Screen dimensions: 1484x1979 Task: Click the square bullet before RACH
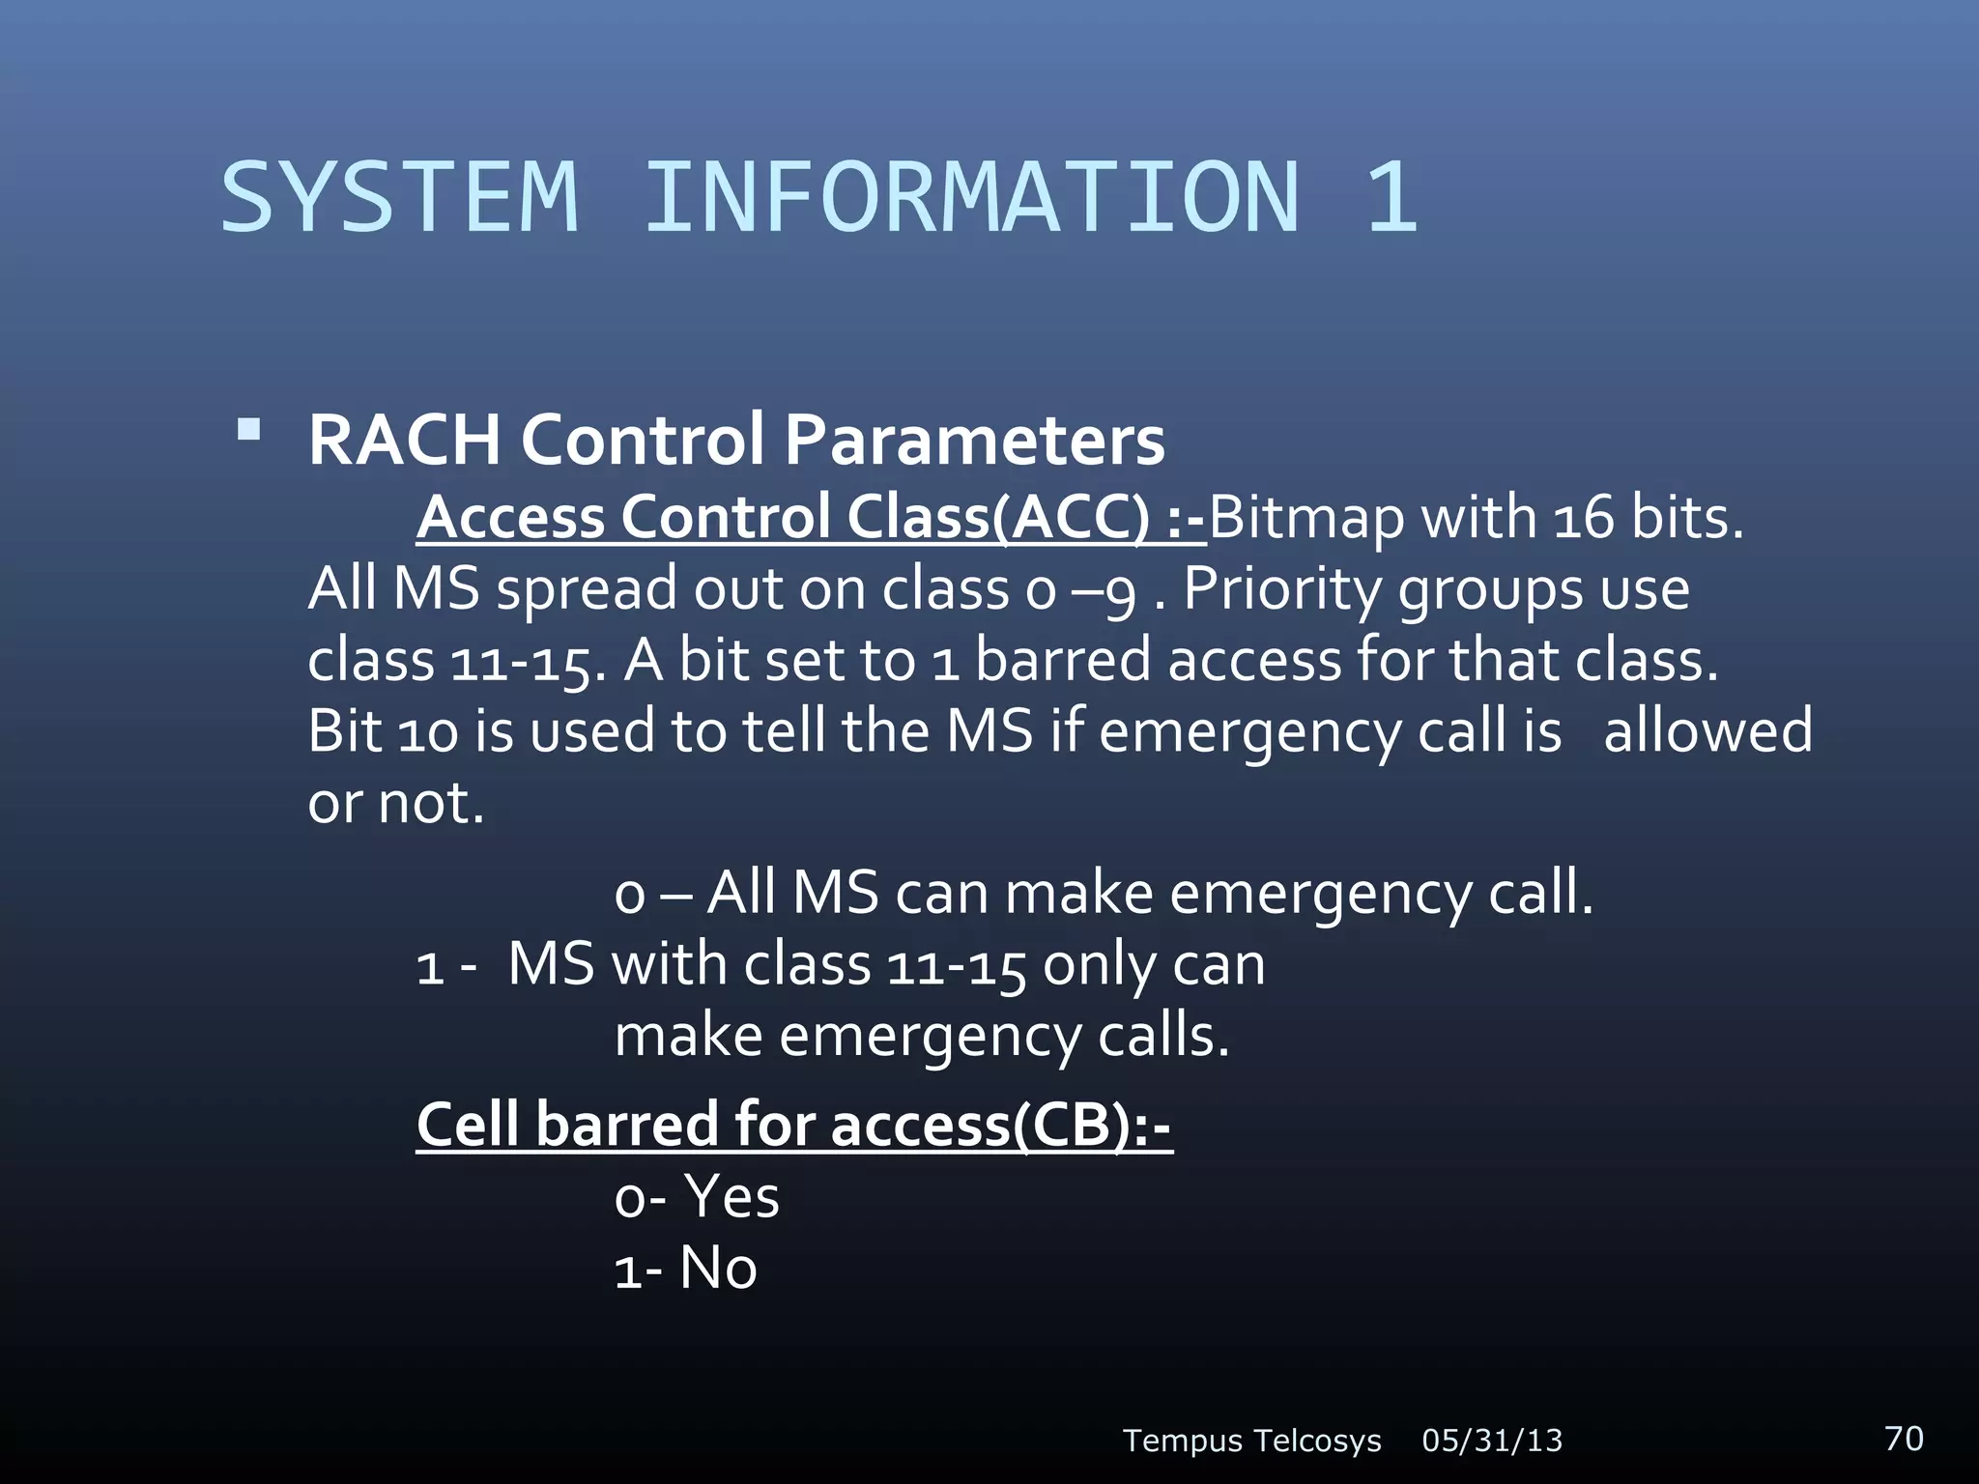pyautogui.click(x=249, y=429)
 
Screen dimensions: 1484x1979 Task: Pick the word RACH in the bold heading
pyautogui.click(x=404, y=441)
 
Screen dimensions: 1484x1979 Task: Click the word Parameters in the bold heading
pyautogui.click(x=974, y=441)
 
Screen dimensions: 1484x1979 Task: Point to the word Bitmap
pyautogui.click(x=1305, y=519)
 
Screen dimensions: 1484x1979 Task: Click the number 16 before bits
pyautogui.click(x=1584, y=519)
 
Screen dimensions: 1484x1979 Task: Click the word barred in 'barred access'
pyautogui.click(x=1063, y=660)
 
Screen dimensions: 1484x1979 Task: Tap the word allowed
pyautogui.click(x=1707, y=730)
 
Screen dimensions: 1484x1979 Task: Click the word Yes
pyautogui.click(x=731, y=1197)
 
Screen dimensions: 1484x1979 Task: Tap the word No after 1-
pyautogui.click(x=718, y=1268)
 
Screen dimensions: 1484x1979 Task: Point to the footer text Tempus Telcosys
pyautogui.click(x=1251, y=1441)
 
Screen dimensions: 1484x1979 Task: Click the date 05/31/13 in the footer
pyautogui.click(x=1492, y=1441)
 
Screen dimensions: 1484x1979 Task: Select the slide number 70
pyautogui.click(x=1904, y=1438)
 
